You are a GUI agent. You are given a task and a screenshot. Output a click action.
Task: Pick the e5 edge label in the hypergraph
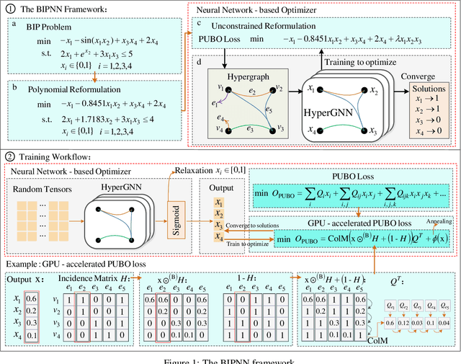pos(267,112)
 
